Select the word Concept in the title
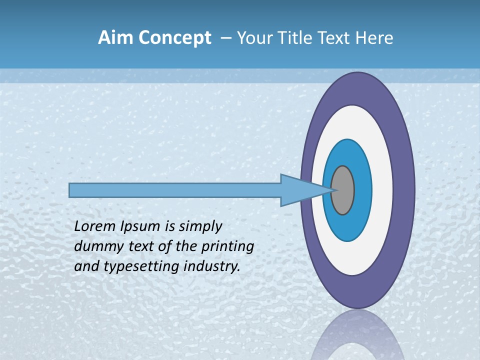pos(174,38)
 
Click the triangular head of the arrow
pos(300,190)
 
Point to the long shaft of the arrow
pos(175,190)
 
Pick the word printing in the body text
pos(228,246)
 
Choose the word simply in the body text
pos(199,226)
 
